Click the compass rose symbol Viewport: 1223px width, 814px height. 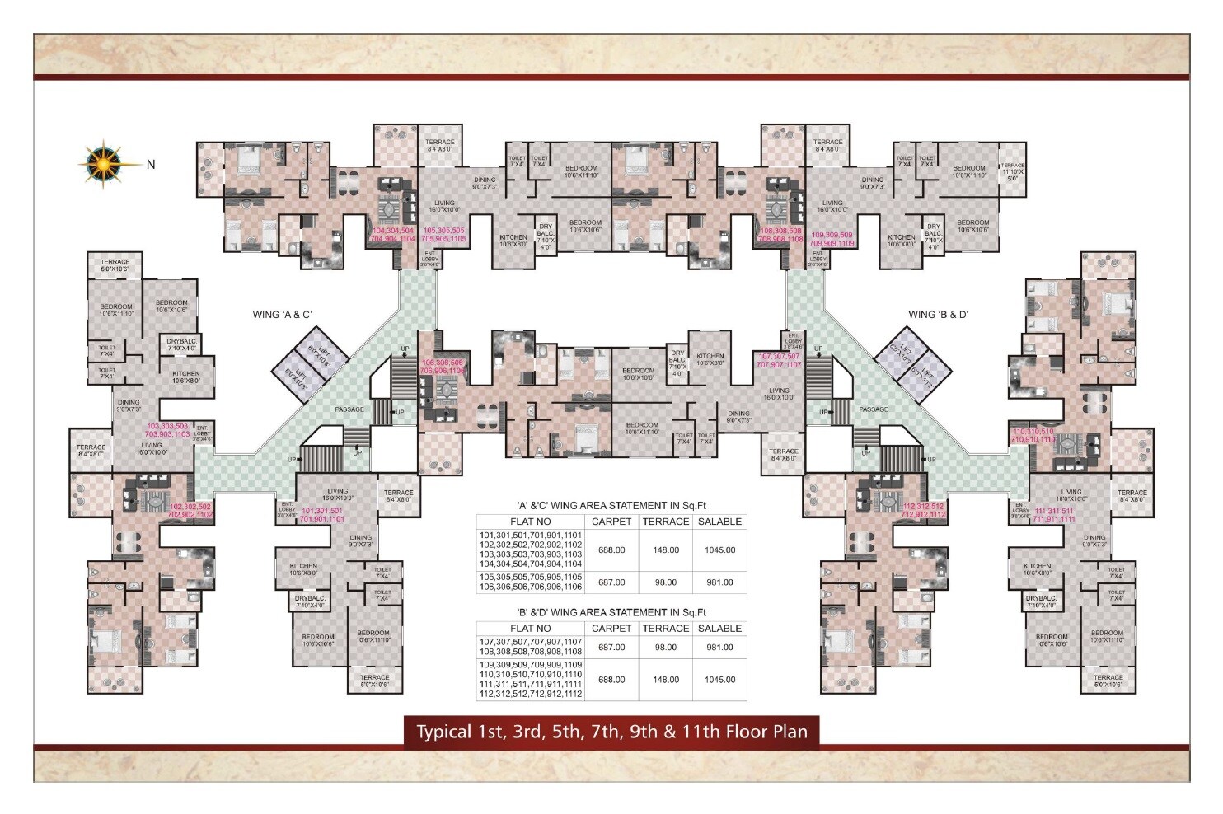pos(103,163)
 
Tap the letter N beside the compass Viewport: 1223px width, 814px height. pos(151,165)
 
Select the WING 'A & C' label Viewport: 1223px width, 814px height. pos(282,314)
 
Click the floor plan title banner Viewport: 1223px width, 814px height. pos(611,732)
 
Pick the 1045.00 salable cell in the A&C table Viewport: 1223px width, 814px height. pos(719,550)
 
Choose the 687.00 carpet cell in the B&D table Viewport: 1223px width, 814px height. pos(611,648)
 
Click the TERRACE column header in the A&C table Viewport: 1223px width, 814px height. pos(665,522)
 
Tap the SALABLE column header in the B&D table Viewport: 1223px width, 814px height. pos(719,628)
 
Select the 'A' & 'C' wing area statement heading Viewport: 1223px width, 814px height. pos(611,505)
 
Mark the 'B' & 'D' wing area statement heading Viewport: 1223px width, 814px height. pos(611,612)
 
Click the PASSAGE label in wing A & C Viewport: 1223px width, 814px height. pos(349,409)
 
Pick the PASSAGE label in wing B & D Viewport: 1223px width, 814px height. pos(874,409)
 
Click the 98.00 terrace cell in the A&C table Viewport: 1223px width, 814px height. pos(665,582)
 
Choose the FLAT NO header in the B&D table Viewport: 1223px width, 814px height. pos(531,628)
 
